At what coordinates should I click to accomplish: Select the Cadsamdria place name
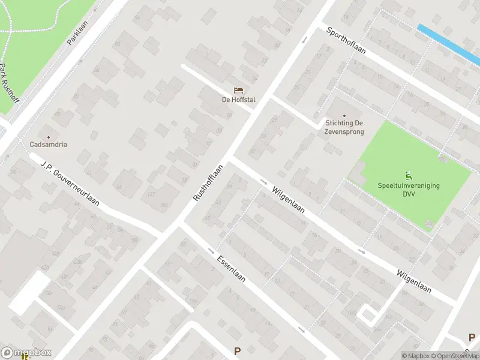pos(49,145)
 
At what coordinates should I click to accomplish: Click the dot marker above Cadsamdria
pos(49,136)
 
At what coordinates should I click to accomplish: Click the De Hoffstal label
pos(238,100)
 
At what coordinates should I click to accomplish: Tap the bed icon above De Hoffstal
pos(238,91)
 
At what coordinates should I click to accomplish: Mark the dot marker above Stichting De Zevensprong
pos(344,116)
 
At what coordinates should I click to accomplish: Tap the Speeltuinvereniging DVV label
pos(409,190)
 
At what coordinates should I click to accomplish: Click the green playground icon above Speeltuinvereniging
pos(409,176)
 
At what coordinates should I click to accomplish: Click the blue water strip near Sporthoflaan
pos(449,44)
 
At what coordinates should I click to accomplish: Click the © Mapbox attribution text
pos(415,356)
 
